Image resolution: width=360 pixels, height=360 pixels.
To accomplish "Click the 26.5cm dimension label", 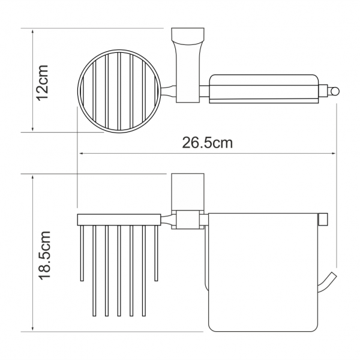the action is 208,143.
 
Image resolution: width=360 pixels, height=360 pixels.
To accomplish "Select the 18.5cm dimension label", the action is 44,256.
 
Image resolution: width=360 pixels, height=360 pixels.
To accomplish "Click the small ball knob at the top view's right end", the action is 335,91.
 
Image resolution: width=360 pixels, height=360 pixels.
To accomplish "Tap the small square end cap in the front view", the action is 323,220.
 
